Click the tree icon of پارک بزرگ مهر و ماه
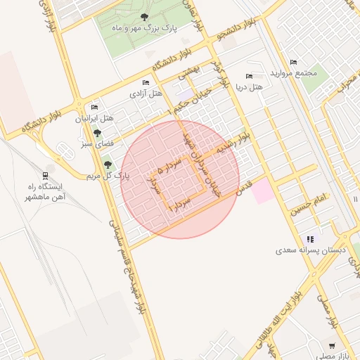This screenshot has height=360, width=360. [x=144, y=17]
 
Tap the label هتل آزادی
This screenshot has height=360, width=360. [x=146, y=93]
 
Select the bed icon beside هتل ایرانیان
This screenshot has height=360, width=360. [x=95, y=107]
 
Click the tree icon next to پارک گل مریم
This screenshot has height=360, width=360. [x=108, y=165]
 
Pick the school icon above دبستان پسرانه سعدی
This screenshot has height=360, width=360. [x=310, y=239]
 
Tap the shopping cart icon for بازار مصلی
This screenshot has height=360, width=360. [x=331, y=346]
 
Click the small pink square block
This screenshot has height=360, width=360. [x=263, y=191]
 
